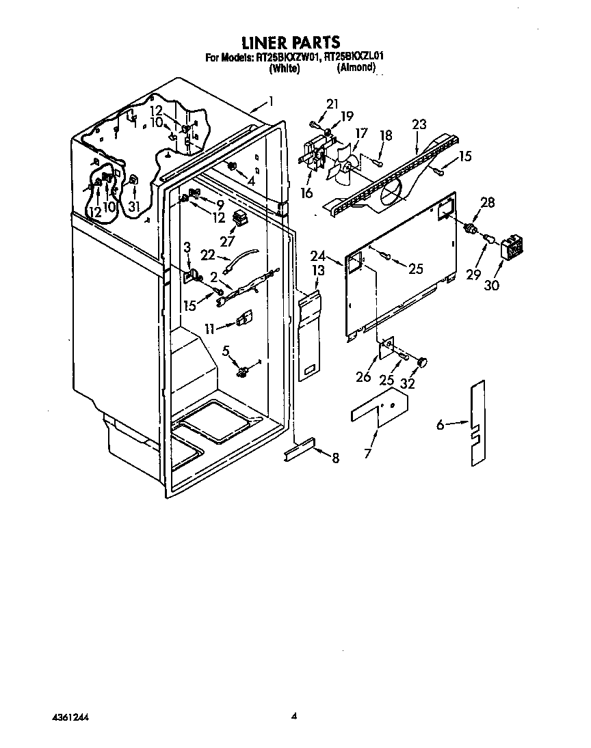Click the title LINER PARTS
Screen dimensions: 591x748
coord(291,42)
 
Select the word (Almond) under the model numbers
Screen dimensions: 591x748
coord(356,68)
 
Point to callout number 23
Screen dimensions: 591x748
coord(419,125)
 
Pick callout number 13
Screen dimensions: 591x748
coord(317,271)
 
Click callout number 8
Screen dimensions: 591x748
coord(335,458)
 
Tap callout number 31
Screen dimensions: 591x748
coord(134,195)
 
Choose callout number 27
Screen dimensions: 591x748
coord(227,242)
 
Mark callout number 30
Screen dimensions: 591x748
coord(491,285)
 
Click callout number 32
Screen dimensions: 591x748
coord(407,383)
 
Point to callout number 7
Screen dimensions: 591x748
coord(367,453)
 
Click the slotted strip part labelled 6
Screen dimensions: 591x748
coord(477,423)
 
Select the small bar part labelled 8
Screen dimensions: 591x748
coord(300,449)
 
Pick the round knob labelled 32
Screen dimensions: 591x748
coord(422,363)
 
